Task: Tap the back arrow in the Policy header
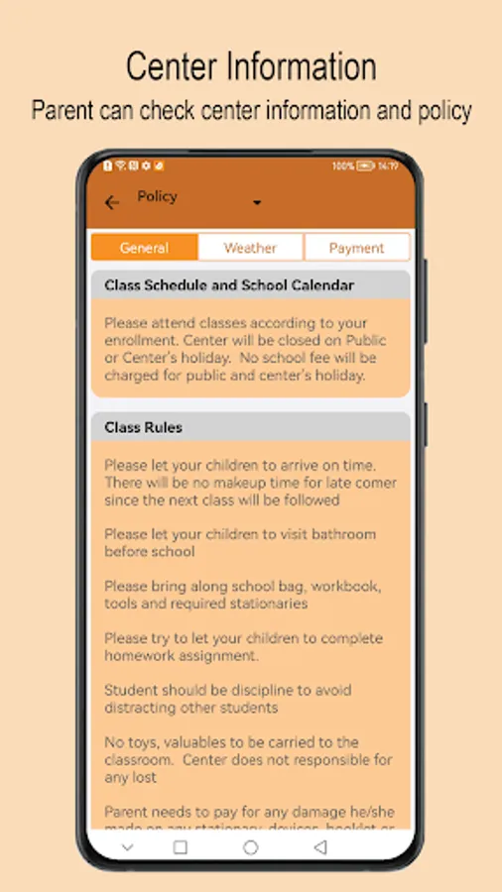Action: (112, 202)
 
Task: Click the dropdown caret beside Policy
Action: (257, 202)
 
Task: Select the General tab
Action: (144, 248)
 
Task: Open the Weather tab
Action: (250, 248)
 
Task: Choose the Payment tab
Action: (356, 248)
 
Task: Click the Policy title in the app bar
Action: (157, 196)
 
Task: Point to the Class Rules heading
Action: (143, 427)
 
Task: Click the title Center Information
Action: (251, 67)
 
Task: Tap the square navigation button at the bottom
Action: (180, 847)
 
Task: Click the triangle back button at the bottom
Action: (319, 847)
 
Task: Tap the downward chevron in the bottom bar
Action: (127, 847)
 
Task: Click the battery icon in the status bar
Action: (365, 166)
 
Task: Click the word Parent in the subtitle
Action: (63, 110)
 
